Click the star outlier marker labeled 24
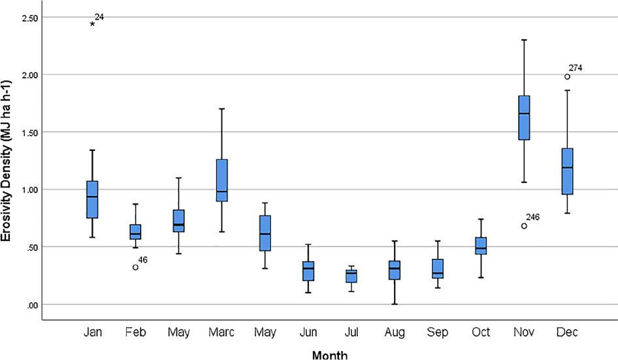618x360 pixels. click(93, 24)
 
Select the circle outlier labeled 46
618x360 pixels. click(135, 267)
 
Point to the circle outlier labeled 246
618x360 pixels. click(524, 226)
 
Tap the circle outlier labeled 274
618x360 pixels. click(567, 76)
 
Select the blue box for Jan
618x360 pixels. click(92, 199)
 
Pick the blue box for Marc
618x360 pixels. click(221, 180)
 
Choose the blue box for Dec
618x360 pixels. click(567, 171)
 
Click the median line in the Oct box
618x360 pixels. click(481, 249)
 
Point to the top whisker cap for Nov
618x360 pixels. click(524, 40)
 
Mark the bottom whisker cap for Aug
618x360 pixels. click(395, 304)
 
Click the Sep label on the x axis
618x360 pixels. click(438, 333)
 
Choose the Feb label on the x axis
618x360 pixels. click(135, 333)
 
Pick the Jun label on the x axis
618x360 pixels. click(308, 333)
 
